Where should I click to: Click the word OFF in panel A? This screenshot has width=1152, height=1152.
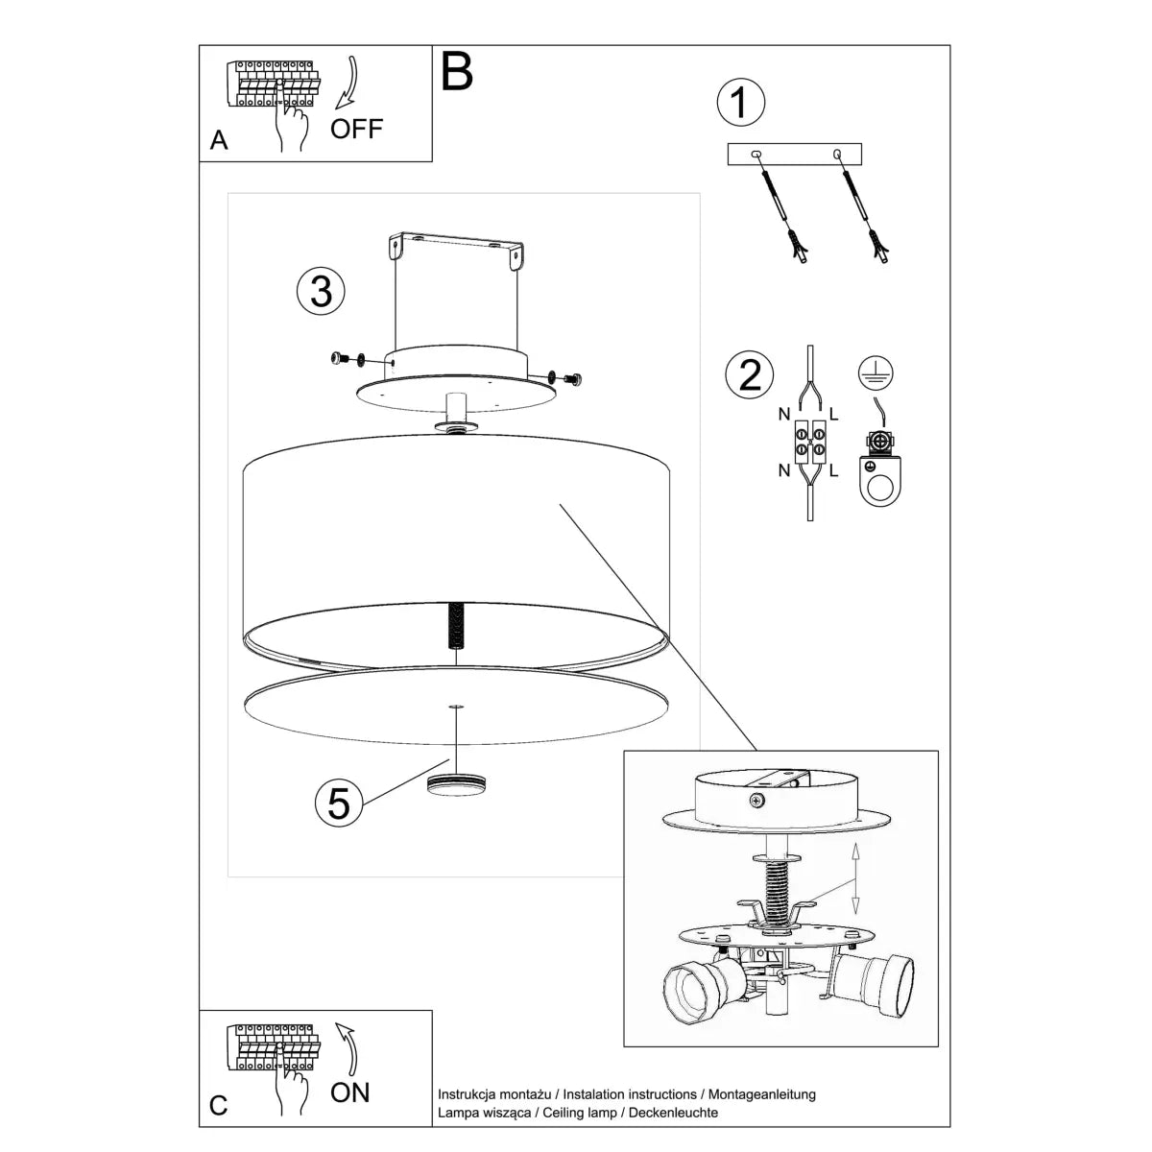pyautogui.click(x=356, y=129)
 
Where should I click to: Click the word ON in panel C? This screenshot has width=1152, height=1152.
pyautogui.click(x=349, y=1092)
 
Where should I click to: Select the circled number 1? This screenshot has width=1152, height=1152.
pyautogui.click(x=740, y=103)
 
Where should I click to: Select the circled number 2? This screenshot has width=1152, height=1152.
pyautogui.click(x=750, y=374)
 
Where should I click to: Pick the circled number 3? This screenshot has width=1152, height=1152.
pyautogui.click(x=321, y=291)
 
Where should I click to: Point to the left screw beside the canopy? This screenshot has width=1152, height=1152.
pyautogui.click(x=339, y=359)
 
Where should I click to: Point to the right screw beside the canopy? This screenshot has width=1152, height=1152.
pyautogui.click(x=572, y=378)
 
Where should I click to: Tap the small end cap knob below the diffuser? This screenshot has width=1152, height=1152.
pyautogui.click(x=455, y=783)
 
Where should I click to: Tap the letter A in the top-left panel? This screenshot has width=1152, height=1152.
pyautogui.click(x=219, y=141)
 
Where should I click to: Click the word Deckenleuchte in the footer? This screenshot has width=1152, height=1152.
pyautogui.click(x=674, y=1113)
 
